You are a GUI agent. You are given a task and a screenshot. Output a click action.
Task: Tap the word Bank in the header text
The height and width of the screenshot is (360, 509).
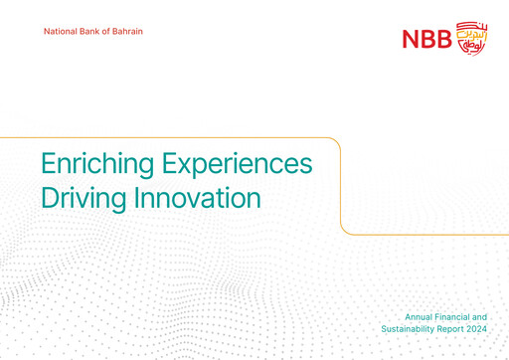[93, 34]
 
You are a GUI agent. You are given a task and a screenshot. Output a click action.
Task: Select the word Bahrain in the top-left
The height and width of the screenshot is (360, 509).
[128, 34]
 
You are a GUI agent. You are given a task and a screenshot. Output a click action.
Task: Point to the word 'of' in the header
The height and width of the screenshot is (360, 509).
[109, 34]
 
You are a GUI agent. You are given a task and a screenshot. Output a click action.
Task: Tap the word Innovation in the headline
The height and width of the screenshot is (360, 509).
[198, 197]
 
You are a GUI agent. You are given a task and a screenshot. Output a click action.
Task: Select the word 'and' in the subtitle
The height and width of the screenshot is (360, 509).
[478, 314]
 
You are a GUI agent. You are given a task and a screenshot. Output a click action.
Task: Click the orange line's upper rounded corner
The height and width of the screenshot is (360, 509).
[337, 141]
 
